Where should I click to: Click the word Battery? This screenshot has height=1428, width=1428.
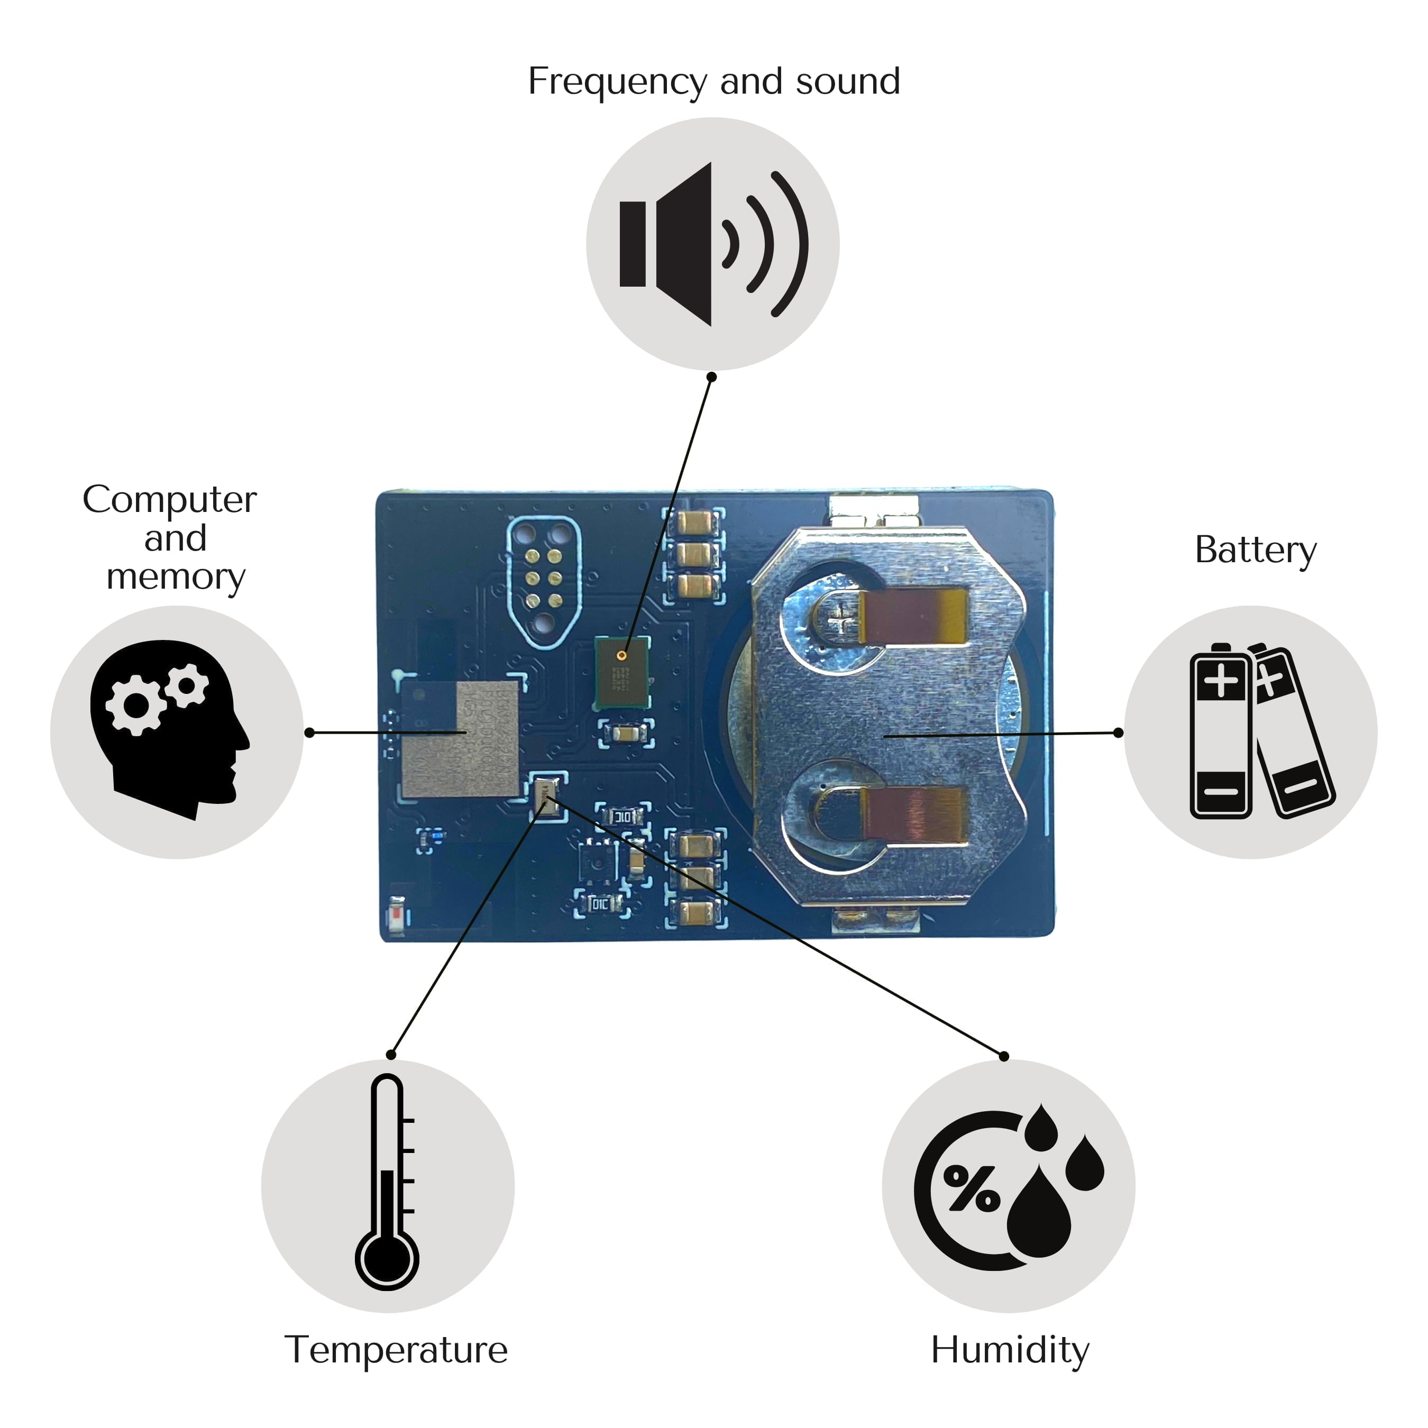pyautogui.click(x=1255, y=551)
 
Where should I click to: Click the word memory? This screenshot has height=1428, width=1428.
pyautogui.click(x=176, y=577)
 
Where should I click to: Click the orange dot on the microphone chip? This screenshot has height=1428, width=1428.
pyautogui.click(x=621, y=656)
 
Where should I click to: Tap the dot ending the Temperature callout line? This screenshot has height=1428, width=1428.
pyautogui.click(x=391, y=1055)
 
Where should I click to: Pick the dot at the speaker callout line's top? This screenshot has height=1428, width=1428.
pyautogui.click(x=712, y=377)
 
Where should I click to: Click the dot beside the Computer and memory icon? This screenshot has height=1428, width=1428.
pyautogui.click(x=310, y=733)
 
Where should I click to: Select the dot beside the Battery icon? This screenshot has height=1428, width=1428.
pyautogui.click(x=1118, y=733)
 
